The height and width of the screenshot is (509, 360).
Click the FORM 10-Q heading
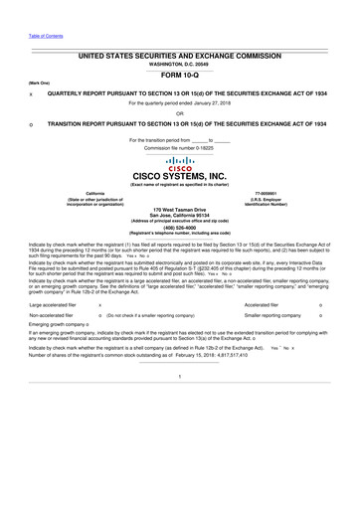(180, 75)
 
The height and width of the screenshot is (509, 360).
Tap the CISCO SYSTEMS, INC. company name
(180, 178)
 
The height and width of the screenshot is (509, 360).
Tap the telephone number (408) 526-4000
(179, 225)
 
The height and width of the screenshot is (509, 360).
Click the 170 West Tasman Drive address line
(180, 210)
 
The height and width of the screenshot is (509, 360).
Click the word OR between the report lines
(179, 112)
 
